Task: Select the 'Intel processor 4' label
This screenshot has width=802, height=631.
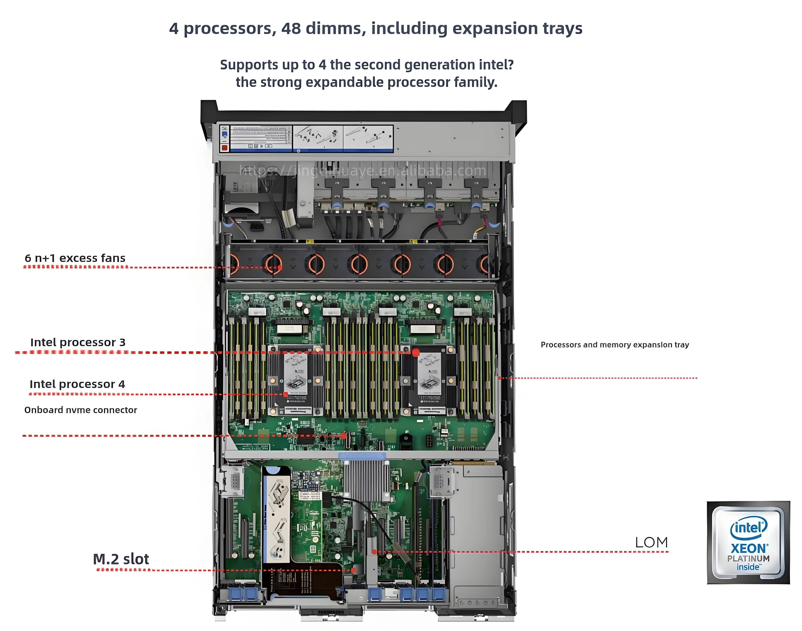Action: (77, 384)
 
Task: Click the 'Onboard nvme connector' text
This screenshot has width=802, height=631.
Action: (81, 410)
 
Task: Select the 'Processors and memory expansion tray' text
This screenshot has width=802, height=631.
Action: (615, 345)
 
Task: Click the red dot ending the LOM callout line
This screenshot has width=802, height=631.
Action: (374, 552)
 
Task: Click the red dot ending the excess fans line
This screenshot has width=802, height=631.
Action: (280, 267)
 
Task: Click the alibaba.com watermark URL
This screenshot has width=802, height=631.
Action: (362, 171)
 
